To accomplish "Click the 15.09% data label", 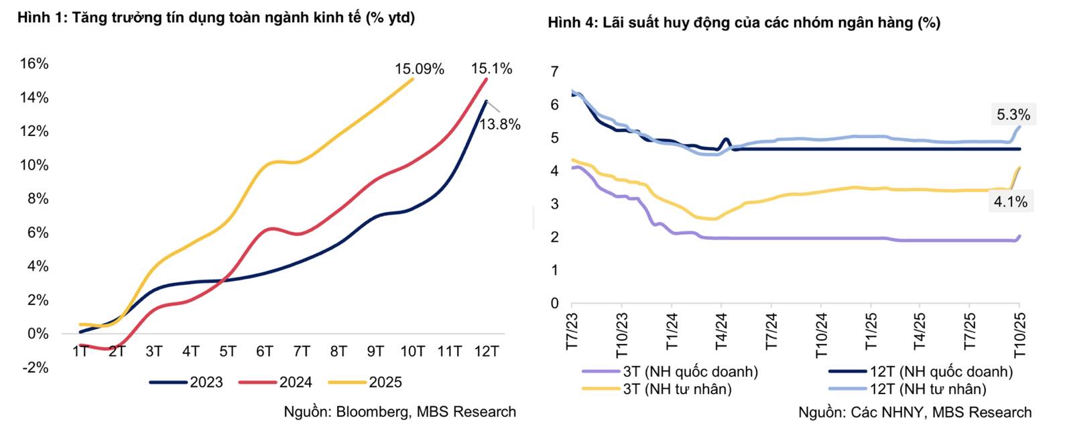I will (419, 69).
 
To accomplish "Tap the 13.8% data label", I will (499, 124).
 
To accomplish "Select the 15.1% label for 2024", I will (491, 68).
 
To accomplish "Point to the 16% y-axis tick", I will (34, 64).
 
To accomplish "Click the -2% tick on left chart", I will (34, 367).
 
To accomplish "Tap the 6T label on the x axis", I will (265, 351).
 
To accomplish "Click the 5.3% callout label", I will (1013, 115).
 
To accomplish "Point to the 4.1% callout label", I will (1011, 201).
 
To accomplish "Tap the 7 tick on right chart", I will (554, 72).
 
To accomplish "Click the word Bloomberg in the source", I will (372, 412).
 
